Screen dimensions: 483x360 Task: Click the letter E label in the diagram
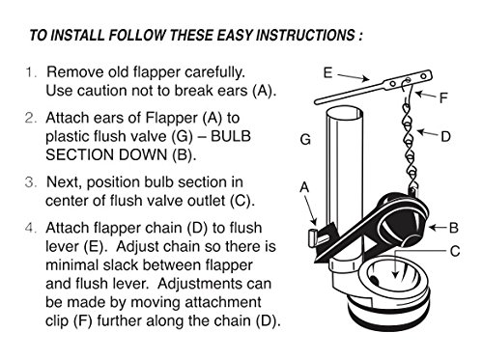point(327,73)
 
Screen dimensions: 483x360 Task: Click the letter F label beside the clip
point(444,97)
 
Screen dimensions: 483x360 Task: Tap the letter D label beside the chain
point(445,137)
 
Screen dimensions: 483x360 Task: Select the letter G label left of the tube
point(305,140)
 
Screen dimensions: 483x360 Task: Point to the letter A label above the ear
point(304,187)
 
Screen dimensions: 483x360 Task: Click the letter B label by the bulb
point(453,228)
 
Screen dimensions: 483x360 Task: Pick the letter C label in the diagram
point(455,251)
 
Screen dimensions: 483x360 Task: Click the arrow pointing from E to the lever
point(354,77)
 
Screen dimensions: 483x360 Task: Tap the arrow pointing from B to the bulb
point(439,228)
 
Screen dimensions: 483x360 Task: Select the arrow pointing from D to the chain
point(428,133)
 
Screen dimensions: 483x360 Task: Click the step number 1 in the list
point(30,72)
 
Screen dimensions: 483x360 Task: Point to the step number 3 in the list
point(31,182)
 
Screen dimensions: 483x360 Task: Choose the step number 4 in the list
point(31,228)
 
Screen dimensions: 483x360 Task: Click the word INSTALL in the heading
point(77,35)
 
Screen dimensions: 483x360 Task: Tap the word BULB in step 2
point(231,136)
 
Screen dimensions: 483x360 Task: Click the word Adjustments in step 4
point(214,284)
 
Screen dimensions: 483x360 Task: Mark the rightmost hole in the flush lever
point(424,76)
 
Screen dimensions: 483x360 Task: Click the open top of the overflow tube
point(345,113)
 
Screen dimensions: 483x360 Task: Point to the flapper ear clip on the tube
point(313,237)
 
